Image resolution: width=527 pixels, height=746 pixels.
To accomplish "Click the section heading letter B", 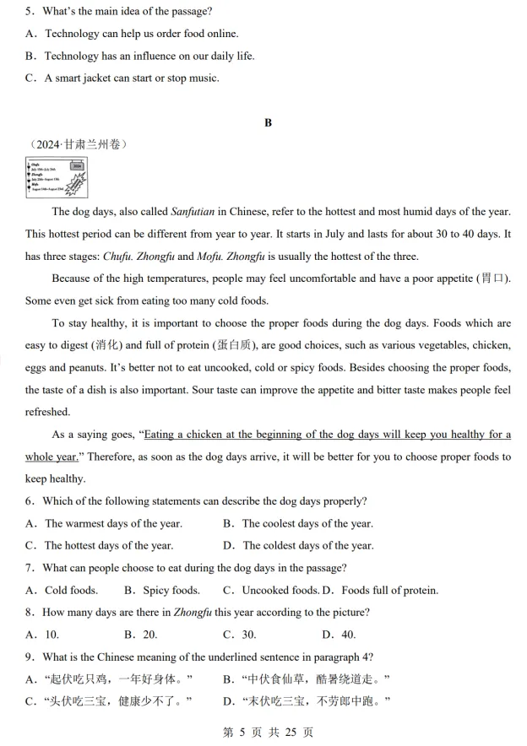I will pos(268,123).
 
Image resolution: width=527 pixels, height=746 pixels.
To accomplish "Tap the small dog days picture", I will pos(56,178).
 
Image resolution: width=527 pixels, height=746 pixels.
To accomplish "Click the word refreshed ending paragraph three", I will pos(48,412).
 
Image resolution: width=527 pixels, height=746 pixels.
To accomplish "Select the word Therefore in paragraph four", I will pos(110,457).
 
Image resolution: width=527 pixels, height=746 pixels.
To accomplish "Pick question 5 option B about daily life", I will pos(149,56).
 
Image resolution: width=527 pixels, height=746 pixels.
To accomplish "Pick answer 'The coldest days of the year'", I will pos(307,545).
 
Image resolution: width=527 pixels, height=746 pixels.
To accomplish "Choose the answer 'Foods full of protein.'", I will pos(389,590).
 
